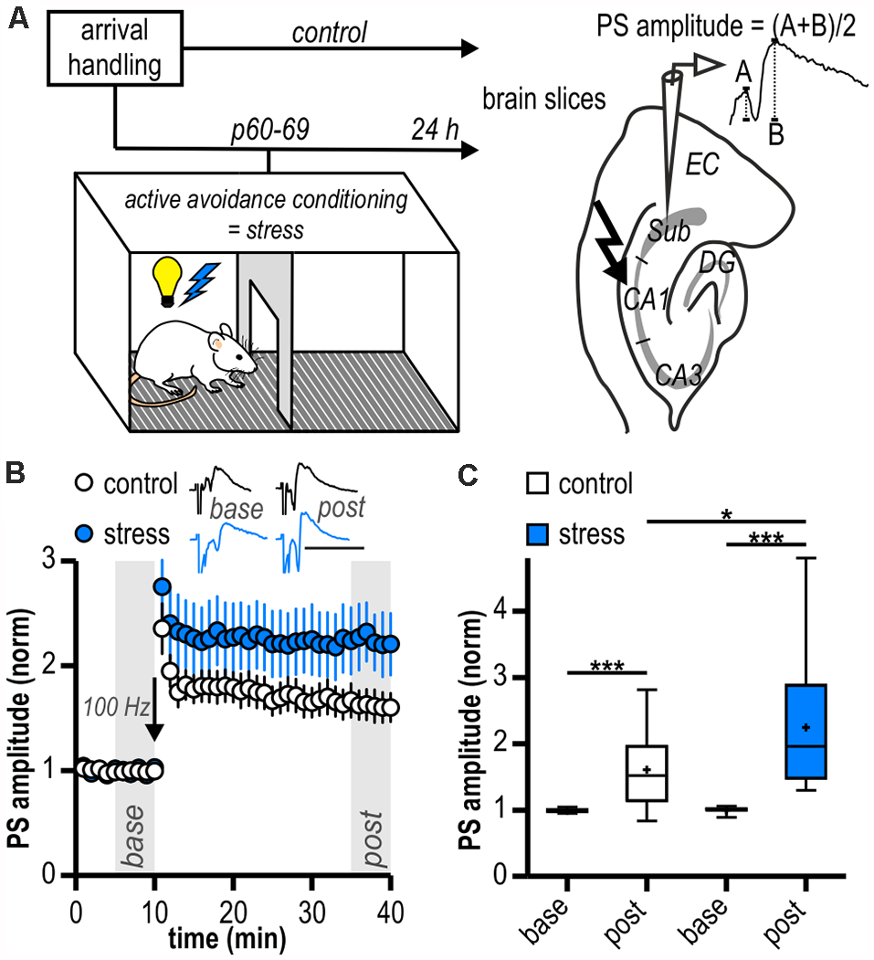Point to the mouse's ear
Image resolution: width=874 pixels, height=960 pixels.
click(217, 343)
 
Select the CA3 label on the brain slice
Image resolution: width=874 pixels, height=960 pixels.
click(678, 374)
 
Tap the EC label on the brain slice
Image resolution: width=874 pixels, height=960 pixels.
click(703, 164)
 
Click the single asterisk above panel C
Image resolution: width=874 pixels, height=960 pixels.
click(725, 513)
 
